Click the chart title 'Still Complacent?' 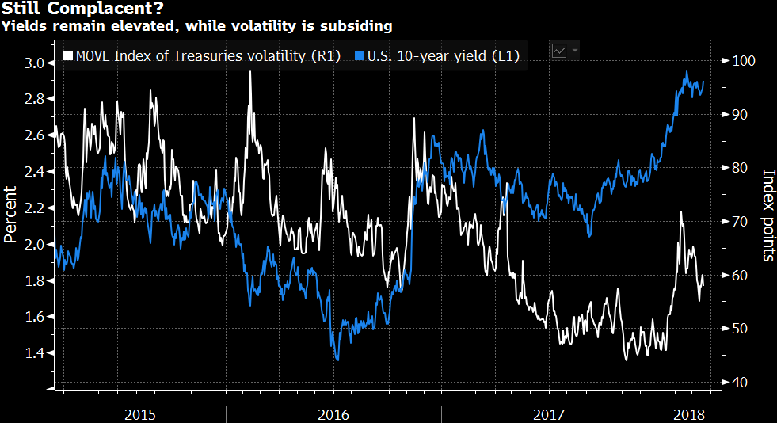tap(59, 10)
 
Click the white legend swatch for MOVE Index tap(68, 56)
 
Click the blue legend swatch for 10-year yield tap(360, 56)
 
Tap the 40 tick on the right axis tap(738, 383)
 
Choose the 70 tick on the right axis tap(738, 222)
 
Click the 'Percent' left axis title tap(10, 214)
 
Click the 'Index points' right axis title tap(767, 215)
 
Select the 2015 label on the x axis tap(140, 414)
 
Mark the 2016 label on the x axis tap(333, 414)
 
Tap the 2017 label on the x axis tap(549, 414)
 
